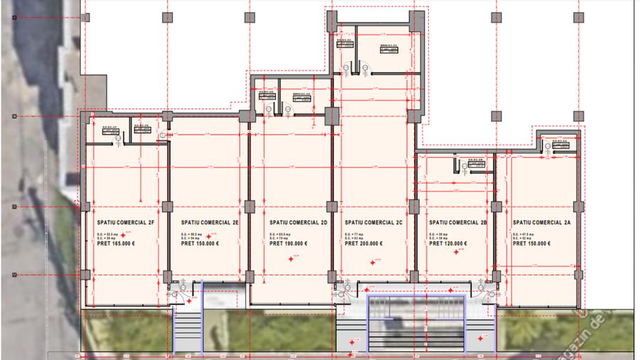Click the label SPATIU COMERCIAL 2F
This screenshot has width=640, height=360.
(125, 222)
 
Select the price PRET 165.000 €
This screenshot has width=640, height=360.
(115, 243)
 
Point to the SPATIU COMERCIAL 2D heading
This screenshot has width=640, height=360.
(298, 222)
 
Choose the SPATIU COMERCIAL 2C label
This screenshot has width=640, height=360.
(374, 222)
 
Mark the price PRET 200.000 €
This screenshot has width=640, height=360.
(364, 243)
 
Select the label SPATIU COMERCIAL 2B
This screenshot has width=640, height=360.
(458, 222)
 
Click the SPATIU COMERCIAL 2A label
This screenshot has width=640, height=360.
(542, 222)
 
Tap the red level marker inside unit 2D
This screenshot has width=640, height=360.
(291, 260)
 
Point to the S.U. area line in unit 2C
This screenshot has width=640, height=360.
(355, 233)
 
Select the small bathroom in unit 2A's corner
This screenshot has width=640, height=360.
(558, 143)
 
